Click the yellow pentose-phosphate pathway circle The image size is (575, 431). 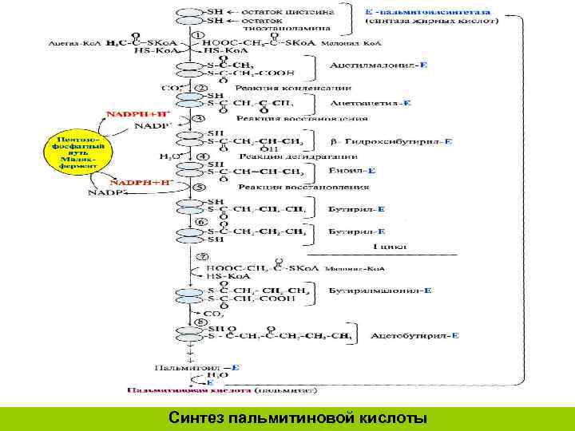[73, 152]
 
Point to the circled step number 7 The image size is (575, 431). [202, 257]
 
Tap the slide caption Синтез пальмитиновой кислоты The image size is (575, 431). [298, 417]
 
